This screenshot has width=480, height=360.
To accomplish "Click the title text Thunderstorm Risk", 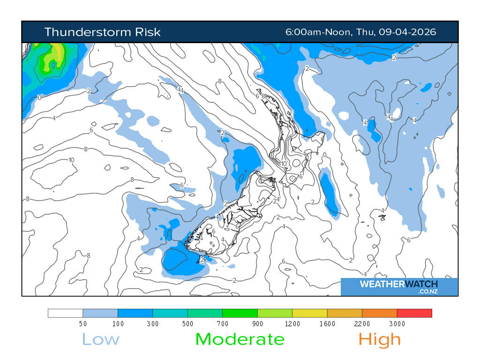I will (x=102, y=32).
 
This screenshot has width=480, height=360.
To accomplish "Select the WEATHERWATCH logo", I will (x=398, y=284).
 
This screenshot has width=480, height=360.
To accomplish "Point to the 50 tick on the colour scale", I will (x=82, y=324).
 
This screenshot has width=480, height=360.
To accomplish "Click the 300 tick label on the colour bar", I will (x=152, y=324).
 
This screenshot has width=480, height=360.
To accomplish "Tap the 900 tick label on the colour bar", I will (x=257, y=324).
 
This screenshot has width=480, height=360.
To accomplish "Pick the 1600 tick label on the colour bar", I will (x=327, y=324).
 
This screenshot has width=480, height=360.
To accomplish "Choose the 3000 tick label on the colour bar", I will (x=397, y=324).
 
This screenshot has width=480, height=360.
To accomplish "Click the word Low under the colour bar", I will (x=101, y=339).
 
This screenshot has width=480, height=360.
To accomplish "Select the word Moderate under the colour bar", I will (x=240, y=339).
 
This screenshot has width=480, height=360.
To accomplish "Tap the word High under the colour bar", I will (x=380, y=339).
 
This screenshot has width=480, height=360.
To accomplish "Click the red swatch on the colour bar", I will (x=414, y=313).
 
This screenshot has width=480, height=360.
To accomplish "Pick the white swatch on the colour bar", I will (x=65, y=313).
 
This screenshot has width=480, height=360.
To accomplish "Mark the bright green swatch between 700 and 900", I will (x=240, y=313).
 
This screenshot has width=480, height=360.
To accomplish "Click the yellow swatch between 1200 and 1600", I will (x=309, y=313).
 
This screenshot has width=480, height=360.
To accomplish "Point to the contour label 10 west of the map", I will (x=71, y=160).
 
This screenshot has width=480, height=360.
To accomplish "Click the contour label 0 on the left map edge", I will (x=39, y=97).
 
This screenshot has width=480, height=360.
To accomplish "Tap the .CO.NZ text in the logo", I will (x=428, y=292).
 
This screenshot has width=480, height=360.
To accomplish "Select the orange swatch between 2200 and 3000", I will (x=379, y=313).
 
